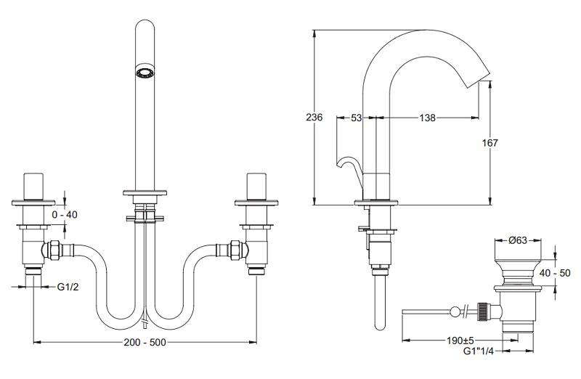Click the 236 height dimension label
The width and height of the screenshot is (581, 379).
point(314,117)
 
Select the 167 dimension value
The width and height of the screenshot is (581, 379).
point(489,142)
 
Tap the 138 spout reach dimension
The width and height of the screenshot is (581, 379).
point(427,118)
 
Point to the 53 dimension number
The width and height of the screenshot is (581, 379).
point(356,118)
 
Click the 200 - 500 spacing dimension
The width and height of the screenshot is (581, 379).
point(145,342)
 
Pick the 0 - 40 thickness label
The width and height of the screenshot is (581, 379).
point(65,214)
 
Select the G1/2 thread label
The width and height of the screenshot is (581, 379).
point(68,286)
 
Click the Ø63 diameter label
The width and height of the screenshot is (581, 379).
point(518,240)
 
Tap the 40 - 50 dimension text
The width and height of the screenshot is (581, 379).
point(555,274)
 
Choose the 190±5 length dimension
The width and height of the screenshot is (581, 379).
point(460,340)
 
